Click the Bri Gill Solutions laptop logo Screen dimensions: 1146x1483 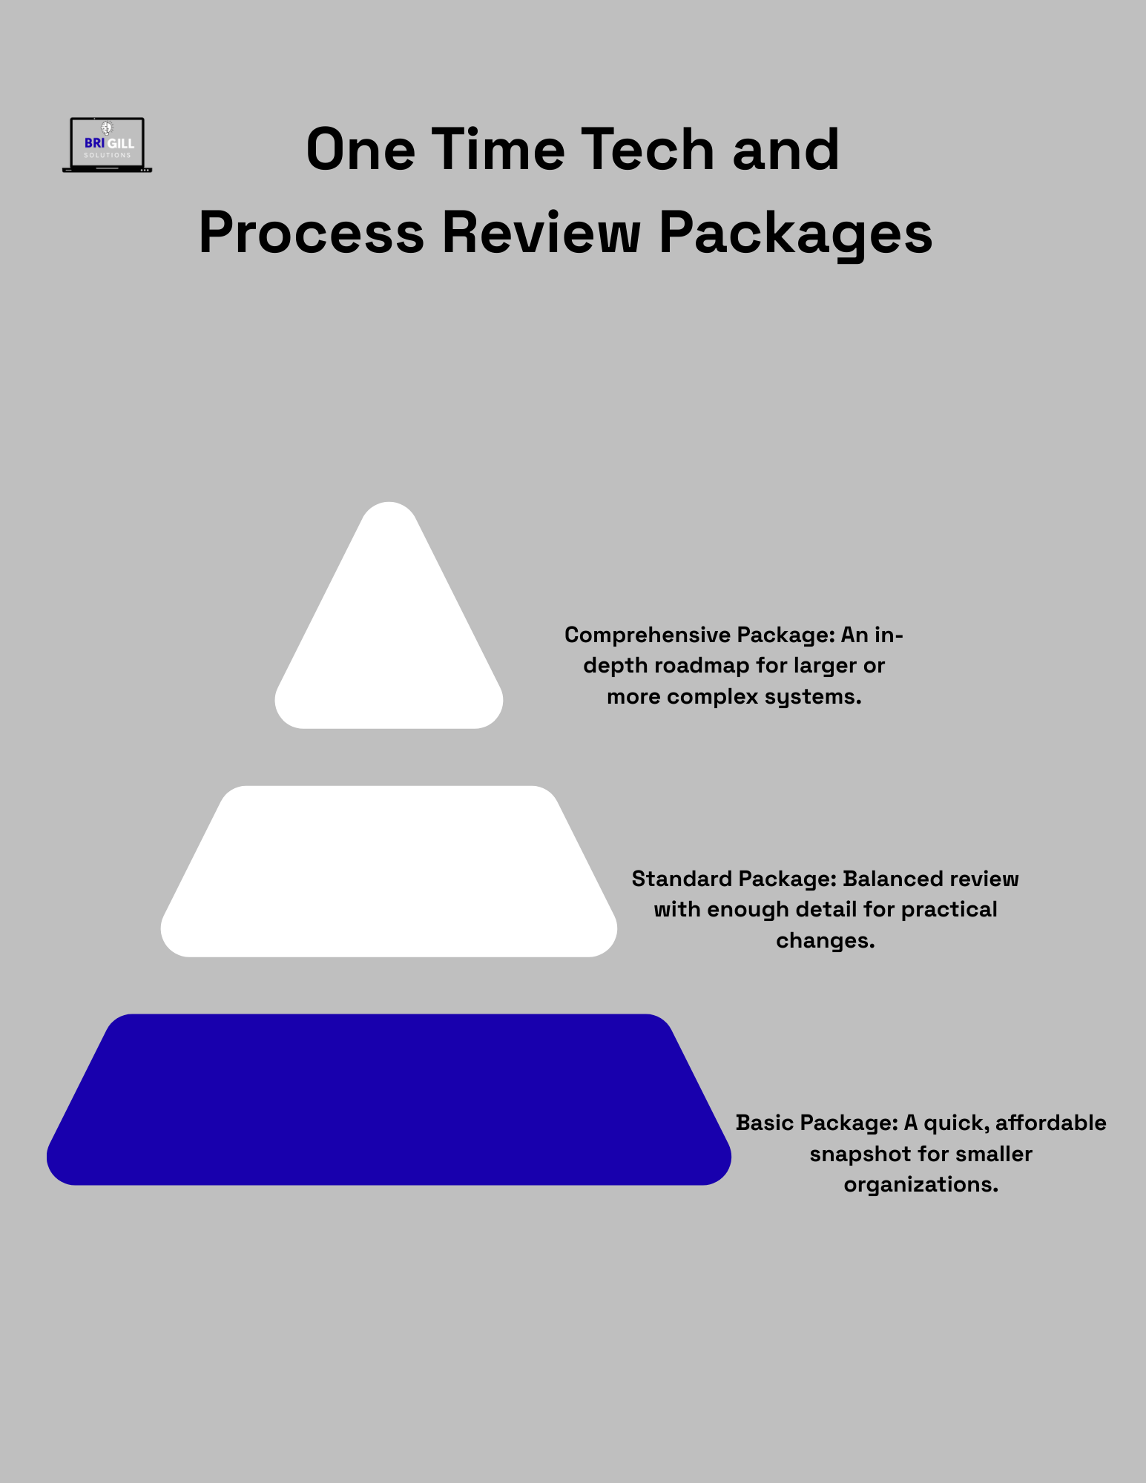point(108,145)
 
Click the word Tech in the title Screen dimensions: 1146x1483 point(648,150)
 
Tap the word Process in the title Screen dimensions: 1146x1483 point(311,233)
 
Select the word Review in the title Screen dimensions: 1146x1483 point(541,233)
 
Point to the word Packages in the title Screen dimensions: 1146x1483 point(795,233)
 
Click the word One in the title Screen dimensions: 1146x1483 point(360,150)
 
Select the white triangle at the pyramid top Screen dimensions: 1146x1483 point(389,638)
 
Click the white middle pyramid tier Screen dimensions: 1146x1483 point(389,871)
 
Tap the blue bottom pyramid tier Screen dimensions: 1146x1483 point(389,1100)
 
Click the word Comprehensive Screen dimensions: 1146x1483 point(637,635)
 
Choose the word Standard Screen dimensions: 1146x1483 point(682,879)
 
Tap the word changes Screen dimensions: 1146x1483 point(825,941)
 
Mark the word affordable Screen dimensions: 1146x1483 point(1050,1123)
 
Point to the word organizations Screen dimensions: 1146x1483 point(921,1185)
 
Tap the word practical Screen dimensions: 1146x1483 point(949,910)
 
